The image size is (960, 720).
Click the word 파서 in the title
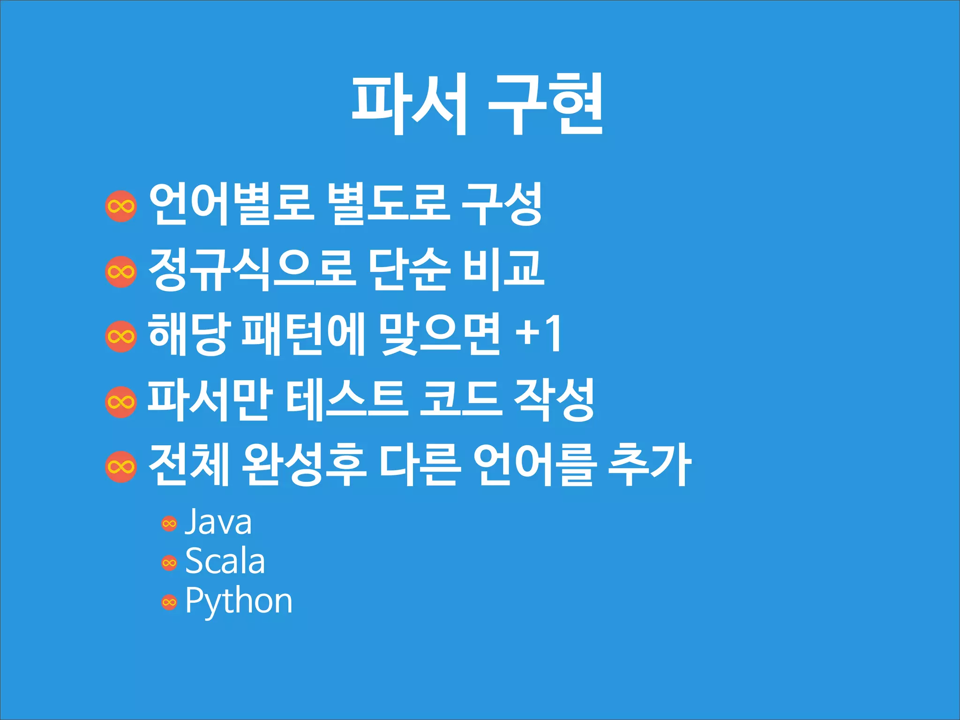coord(409,104)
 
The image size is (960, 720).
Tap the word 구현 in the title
coord(545,104)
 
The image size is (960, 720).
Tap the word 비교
coord(504,270)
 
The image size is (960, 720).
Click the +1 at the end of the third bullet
coord(539,334)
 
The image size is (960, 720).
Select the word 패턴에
coord(303,334)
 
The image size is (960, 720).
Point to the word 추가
coord(650,465)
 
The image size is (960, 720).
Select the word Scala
coord(225,562)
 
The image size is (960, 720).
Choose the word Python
coord(239,601)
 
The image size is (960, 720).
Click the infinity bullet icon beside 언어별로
coord(121,206)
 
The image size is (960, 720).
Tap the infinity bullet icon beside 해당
coord(121,336)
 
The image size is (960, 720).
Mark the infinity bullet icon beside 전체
coord(121,467)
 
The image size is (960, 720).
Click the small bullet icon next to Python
coord(169,602)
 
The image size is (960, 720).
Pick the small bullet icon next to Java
coord(169,524)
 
